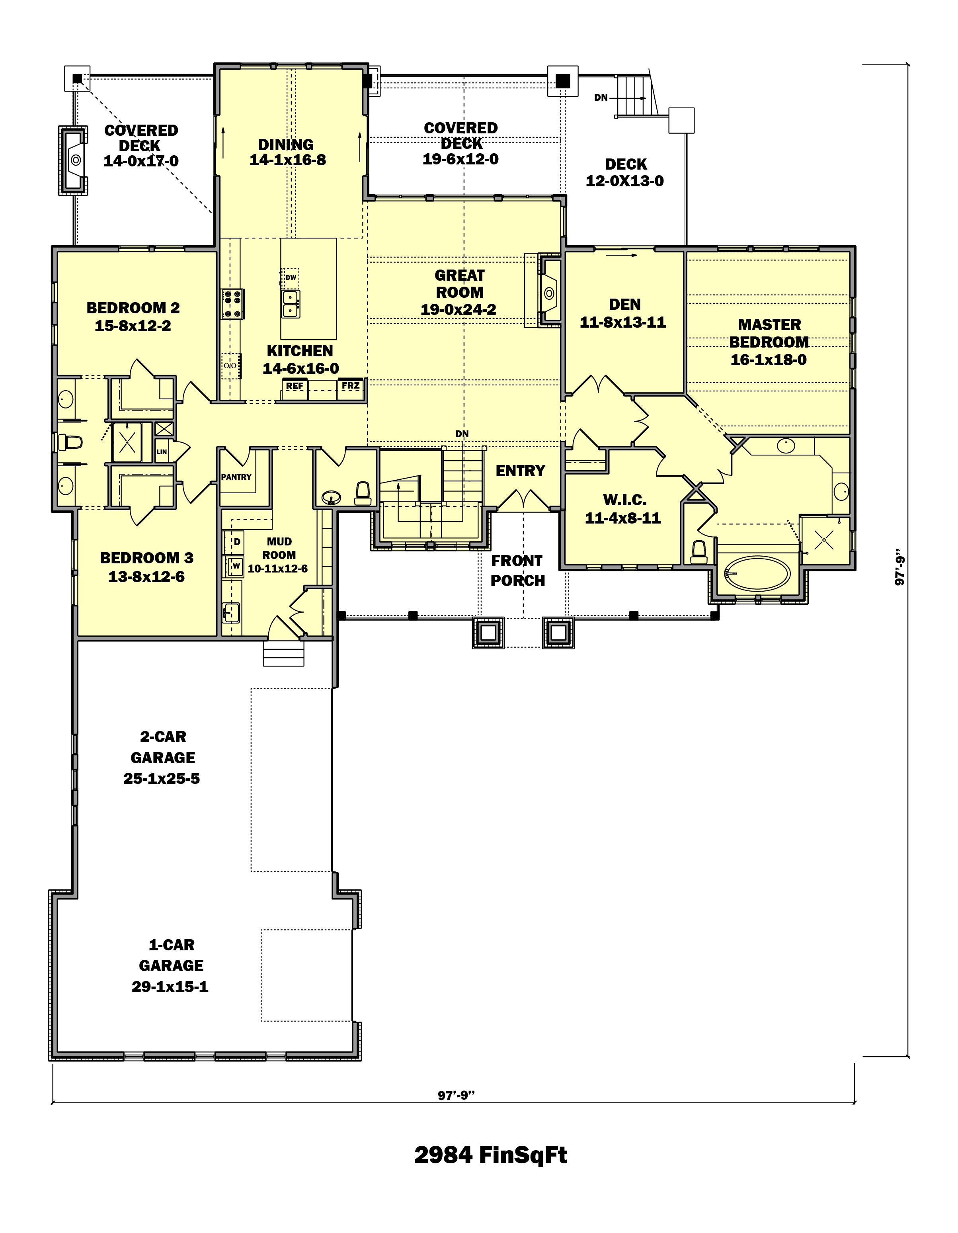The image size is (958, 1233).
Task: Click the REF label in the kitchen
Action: (x=294, y=386)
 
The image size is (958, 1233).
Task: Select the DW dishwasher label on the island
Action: (x=291, y=277)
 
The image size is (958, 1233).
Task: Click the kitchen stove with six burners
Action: (x=232, y=304)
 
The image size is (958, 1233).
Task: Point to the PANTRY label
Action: (x=236, y=477)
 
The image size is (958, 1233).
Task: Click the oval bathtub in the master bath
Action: (x=757, y=574)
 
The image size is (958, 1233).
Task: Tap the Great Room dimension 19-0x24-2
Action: (x=459, y=309)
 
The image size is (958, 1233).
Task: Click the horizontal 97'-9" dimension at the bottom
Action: (x=456, y=1096)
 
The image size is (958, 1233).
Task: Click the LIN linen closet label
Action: (x=162, y=451)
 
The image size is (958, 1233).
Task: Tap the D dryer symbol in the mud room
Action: (x=236, y=542)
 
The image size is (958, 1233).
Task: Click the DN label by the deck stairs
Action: (x=601, y=98)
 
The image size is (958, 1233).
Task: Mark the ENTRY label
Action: (x=520, y=471)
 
